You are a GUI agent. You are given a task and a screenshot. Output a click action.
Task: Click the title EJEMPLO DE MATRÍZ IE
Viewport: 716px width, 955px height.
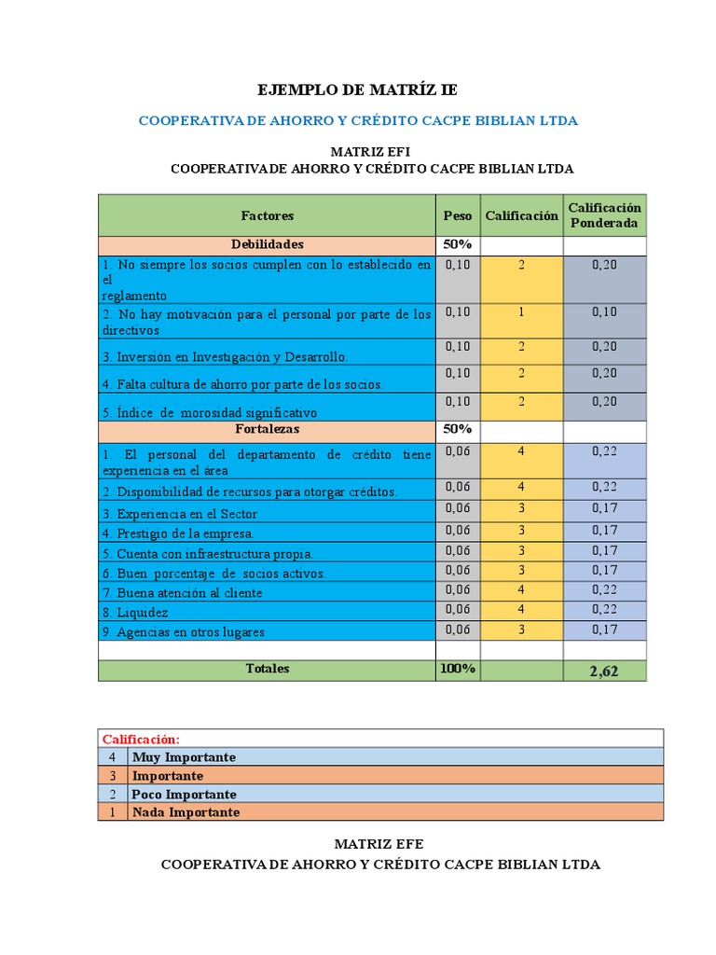pyautogui.click(x=358, y=90)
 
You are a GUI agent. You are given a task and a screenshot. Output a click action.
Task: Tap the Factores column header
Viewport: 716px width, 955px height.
pyautogui.click(x=268, y=215)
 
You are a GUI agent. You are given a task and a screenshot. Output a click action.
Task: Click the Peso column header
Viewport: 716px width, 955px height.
pyautogui.click(x=458, y=215)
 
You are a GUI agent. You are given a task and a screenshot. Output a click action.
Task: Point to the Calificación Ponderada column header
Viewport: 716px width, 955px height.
pyautogui.click(x=605, y=215)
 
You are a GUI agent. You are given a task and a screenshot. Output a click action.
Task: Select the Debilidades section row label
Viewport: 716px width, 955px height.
pyautogui.click(x=268, y=244)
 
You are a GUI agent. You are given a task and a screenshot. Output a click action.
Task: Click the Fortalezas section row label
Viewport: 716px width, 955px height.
pyautogui.click(x=268, y=430)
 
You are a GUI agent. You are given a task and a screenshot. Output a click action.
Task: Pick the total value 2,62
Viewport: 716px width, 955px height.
pyautogui.click(x=604, y=671)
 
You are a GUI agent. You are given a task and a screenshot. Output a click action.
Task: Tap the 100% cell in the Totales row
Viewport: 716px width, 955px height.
pyautogui.click(x=458, y=669)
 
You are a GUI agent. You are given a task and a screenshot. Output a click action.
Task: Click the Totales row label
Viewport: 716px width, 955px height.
pyautogui.click(x=268, y=669)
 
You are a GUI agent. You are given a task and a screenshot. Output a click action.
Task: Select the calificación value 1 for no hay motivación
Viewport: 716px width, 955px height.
pyautogui.click(x=522, y=312)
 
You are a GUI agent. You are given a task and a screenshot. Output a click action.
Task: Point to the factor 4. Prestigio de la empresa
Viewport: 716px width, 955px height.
pyautogui.click(x=178, y=533)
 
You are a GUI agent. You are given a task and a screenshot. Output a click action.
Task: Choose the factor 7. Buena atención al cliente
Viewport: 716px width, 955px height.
pyautogui.click(x=183, y=593)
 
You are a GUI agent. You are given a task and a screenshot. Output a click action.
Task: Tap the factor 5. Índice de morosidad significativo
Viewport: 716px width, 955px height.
pyautogui.click(x=210, y=412)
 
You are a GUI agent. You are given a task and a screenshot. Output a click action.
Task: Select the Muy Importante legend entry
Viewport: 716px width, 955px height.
pyautogui.click(x=184, y=757)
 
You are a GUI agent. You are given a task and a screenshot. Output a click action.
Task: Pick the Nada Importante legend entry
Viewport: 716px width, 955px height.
pyautogui.click(x=186, y=812)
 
